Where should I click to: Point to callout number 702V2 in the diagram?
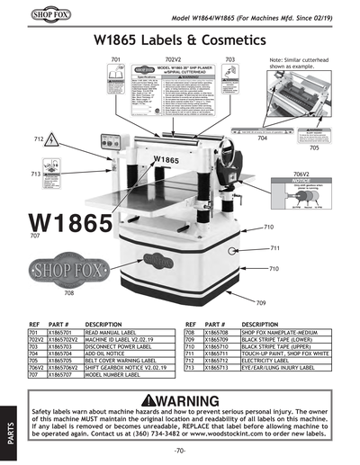[174, 58]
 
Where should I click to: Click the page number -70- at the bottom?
[180, 449]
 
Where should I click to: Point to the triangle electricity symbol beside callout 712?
[54, 141]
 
